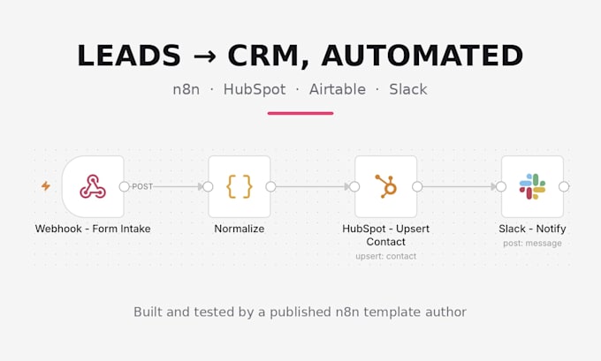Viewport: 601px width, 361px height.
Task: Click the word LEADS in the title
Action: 129,56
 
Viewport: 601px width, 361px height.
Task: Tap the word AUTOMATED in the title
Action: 422,56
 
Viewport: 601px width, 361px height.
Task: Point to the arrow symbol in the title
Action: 204,56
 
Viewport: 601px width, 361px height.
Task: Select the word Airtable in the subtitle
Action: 338,89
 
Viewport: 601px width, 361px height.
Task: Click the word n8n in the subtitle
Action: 186,90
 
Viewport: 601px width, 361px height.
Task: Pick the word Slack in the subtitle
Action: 408,89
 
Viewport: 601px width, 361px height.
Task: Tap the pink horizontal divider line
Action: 300,113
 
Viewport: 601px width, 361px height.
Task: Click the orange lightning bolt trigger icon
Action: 46,186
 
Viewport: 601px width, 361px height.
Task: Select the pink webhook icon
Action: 93,186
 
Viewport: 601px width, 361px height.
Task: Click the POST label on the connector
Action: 142,186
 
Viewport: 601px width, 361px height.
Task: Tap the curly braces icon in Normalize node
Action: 240,186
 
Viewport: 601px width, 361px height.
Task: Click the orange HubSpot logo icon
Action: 385,186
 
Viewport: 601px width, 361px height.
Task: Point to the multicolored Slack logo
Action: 532,186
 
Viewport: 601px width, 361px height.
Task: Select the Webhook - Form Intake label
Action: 93,229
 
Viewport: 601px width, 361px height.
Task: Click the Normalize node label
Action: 240,229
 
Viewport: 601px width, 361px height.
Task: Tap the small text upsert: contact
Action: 385,257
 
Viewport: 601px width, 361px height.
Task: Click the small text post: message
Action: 532,244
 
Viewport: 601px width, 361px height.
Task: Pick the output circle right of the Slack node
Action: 564,186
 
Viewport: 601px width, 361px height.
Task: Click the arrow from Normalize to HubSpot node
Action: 312,186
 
